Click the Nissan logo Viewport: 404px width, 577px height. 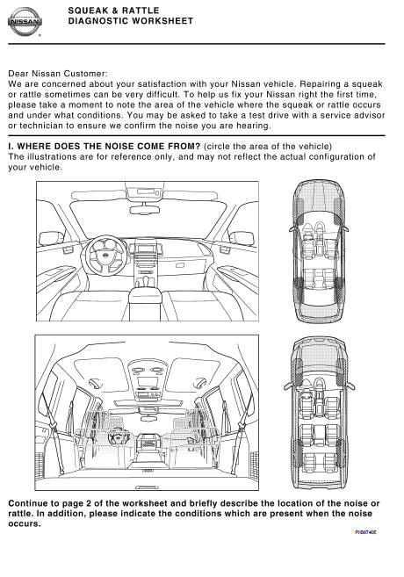click(25, 22)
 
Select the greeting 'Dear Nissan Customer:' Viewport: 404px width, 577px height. click(58, 74)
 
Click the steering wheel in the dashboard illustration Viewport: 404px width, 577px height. click(106, 256)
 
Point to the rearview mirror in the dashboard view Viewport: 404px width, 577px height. click(145, 210)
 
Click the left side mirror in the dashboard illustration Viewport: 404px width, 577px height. click(51, 238)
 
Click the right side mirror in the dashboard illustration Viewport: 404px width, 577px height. click(242, 238)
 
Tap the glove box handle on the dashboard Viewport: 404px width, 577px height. click(180, 265)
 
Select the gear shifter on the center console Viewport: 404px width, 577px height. click(145, 281)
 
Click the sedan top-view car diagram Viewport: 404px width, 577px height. click(319, 252)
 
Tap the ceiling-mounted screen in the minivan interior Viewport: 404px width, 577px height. click(148, 381)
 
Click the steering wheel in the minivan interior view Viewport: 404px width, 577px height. click(118, 437)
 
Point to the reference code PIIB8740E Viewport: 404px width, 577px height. click(366, 531)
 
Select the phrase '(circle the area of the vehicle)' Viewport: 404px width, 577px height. click(268, 146)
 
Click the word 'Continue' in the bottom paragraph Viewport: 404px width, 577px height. click(27, 503)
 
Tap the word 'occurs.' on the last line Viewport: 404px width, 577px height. click(25, 524)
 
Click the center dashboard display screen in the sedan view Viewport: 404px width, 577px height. click(145, 248)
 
